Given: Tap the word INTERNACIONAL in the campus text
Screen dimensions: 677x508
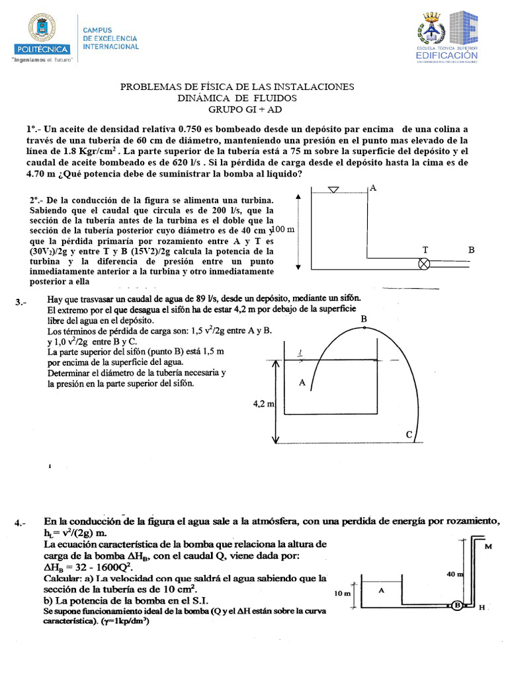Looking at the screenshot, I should point(110,47).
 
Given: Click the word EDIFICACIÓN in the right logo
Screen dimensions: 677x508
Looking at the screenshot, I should point(446,56).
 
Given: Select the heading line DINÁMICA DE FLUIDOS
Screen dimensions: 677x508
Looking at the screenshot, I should point(237,98).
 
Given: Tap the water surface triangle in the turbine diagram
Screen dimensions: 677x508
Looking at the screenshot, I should point(333,190).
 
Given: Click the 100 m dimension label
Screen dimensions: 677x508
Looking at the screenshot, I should point(283,229).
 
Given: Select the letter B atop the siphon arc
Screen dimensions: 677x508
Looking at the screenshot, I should point(363,320).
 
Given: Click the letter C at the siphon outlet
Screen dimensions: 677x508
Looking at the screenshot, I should point(409,434).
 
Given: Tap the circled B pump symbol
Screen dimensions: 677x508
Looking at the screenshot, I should point(456,604).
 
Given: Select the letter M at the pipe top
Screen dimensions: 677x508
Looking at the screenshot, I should point(488,546).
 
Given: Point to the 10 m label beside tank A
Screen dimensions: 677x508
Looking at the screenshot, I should point(343,593).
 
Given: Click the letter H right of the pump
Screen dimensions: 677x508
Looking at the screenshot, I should point(482,606).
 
